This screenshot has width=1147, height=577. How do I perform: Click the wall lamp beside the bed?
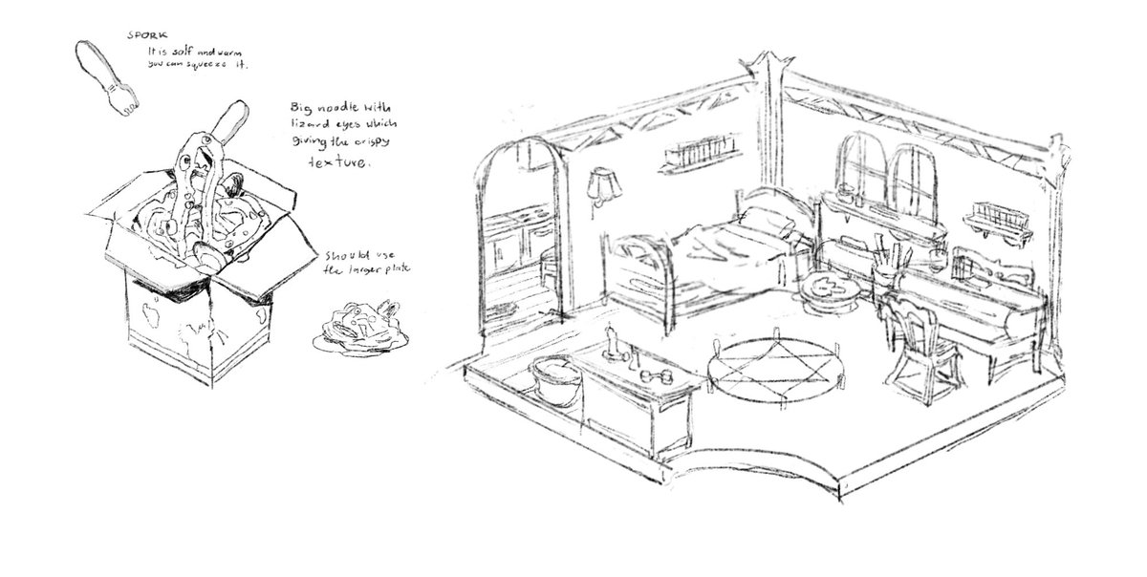click(x=600, y=184)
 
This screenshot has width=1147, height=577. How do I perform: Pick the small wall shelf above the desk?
click(x=998, y=216)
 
